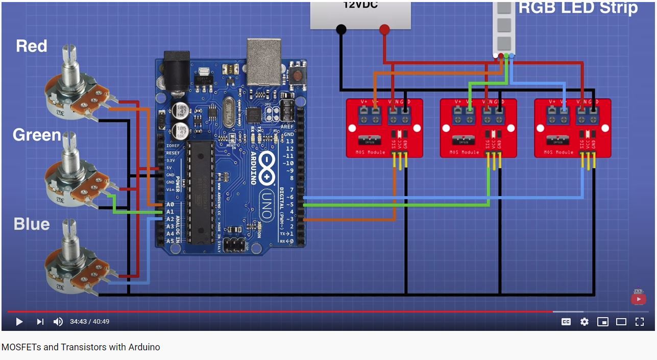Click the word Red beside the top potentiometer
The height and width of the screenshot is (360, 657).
[x=32, y=46]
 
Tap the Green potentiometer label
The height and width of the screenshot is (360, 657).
[x=37, y=135]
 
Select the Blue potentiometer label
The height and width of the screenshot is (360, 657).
[x=32, y=224]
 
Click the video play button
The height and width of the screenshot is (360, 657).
[x=19, y=322]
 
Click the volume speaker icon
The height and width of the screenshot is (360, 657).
[x=58, y=322]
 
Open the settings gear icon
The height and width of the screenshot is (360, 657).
[x=585, y=322]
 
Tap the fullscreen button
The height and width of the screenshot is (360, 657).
[x=639, y=322]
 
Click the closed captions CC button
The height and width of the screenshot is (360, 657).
[x=566, y=322]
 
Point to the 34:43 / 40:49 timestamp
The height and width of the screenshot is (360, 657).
[x=90, y=322]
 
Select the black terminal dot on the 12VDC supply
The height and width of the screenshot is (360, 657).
[x=341, y=30]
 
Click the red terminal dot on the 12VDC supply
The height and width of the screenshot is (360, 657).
[x=384, y=30]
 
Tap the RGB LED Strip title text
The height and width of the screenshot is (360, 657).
[x=578, y=8]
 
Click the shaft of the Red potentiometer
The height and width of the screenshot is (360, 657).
[x=69, y=57]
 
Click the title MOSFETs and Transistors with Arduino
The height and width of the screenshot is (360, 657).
[x=81, y=347]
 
